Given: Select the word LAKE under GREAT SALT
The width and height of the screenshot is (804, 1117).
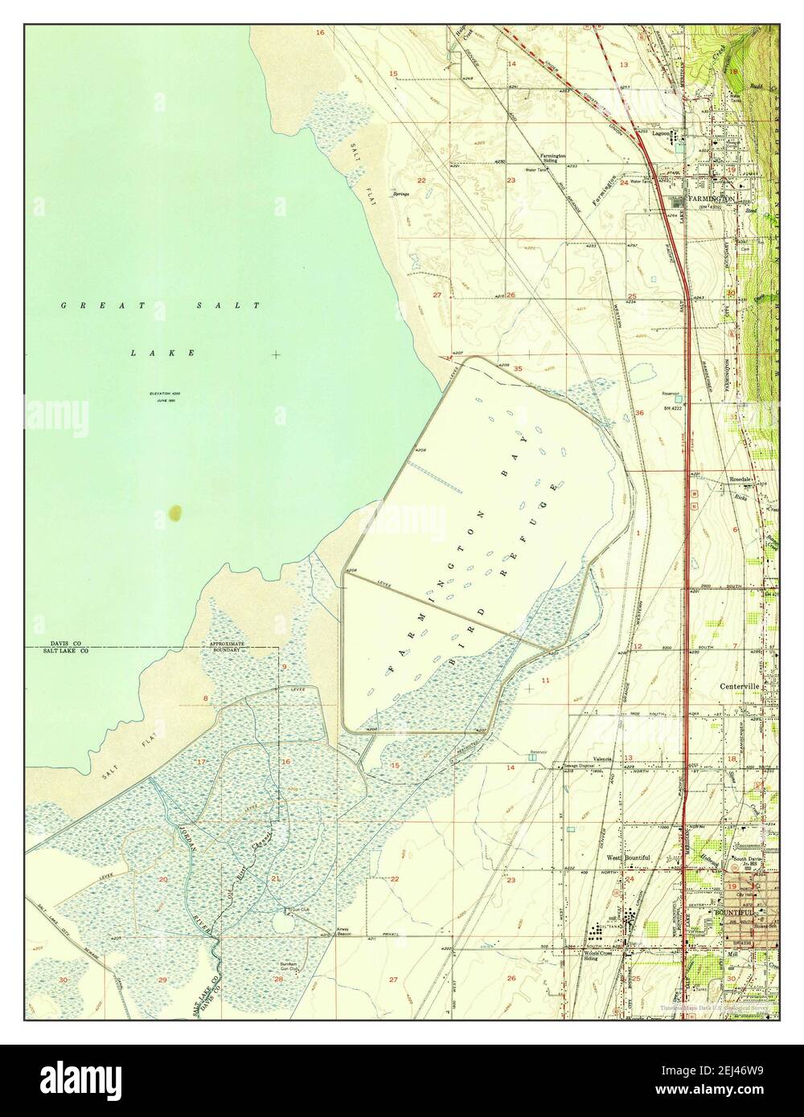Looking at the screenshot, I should (162, 353).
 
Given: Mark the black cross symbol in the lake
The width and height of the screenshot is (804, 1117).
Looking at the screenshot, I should (277, 354).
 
